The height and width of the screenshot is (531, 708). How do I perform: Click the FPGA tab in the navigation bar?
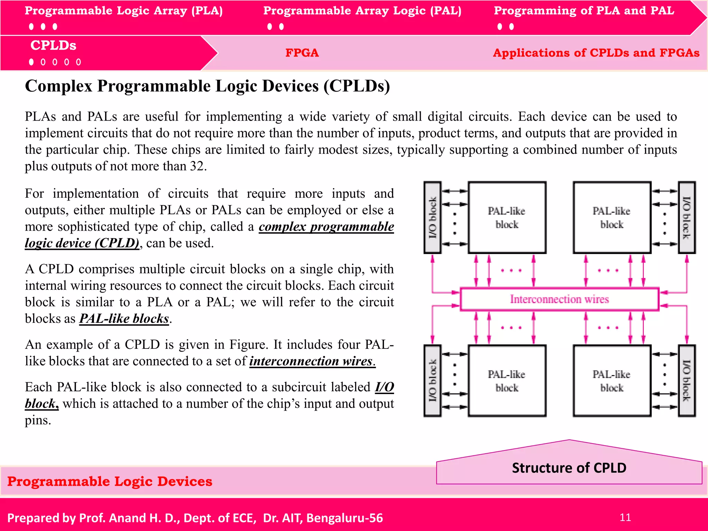click(302, 53)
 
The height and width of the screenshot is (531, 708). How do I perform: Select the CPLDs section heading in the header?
click(53, 46)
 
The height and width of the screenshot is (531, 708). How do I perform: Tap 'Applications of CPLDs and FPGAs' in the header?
click(596, 53)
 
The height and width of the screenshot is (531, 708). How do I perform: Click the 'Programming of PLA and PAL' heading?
click(584, 11)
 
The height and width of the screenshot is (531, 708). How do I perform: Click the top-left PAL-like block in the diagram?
click(507, 218)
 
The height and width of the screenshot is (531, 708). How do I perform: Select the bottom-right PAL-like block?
click(612, 381)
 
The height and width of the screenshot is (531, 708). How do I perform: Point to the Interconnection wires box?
click(559, 299)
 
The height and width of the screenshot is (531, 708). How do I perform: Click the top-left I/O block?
click(432, 218)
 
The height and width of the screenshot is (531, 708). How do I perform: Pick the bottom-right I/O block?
click(687, 381)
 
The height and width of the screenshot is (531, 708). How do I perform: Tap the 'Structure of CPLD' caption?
click(569, 468)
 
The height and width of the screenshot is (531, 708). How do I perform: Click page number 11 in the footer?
click(625, 518)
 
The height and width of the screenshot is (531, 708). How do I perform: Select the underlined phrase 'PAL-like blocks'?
click(124, 318)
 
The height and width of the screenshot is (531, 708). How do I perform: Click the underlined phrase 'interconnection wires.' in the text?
click(312, 361)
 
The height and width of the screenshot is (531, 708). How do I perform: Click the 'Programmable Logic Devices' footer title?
click(110, 482)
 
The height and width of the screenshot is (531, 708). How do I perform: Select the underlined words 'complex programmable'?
click(326, 227)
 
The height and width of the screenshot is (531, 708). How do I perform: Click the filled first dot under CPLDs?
click(31, 62)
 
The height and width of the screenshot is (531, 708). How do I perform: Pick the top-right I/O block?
click(687, 218)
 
